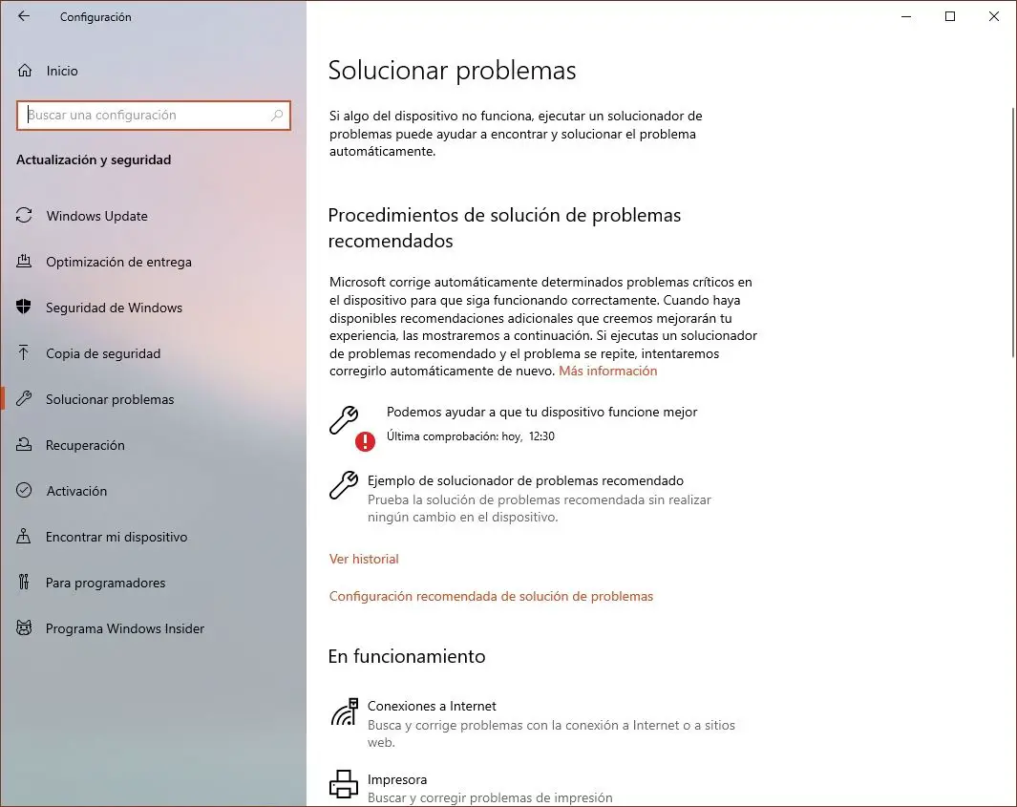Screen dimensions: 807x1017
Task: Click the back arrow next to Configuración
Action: click(x=24, y=16)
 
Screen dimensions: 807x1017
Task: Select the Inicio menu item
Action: click(x=61, y=71)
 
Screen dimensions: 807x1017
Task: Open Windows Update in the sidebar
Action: click(x=96, y=216)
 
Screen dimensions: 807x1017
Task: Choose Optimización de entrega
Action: click(x=118, y=262)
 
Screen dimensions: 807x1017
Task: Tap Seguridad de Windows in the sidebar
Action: click(x=114, y=308)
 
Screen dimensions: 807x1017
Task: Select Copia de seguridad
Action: click(x=103, y=353)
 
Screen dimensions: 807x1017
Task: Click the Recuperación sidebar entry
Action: click(x=85, y=445)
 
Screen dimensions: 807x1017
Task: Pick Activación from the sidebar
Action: click(x=76, y=491)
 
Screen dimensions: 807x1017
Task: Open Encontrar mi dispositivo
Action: click(x=117, y=537)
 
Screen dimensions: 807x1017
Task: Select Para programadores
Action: click(x=105, y=583)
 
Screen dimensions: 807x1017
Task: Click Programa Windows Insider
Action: click(x=125, y=628)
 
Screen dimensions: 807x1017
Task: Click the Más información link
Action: click(x=608, y=371)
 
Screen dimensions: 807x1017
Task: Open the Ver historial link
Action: click(x=364, y=559)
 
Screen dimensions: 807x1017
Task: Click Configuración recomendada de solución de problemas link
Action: click(x=491, y=596)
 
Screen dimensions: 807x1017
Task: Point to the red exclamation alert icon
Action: click(x=365, y=441)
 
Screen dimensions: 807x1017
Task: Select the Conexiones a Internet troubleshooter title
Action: click(x=432, y=706)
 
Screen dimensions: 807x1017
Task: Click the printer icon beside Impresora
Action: click(x=344, y=784)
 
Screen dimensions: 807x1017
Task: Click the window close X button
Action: click(x=993, y=16)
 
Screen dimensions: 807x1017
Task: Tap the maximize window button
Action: click(x=950, y=16)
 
